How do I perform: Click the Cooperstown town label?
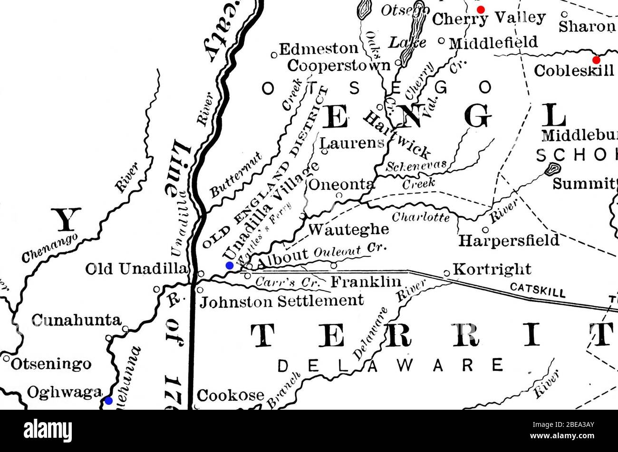point(338,65)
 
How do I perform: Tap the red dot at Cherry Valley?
point(481,9)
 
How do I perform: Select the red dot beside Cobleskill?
point(596,60)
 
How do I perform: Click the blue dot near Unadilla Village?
point(230,265)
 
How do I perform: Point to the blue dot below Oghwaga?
point(109,401)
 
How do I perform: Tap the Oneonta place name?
point(342,184)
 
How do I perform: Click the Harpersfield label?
point(509,240)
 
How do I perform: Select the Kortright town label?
point(492,269)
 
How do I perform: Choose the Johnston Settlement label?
point(281,301)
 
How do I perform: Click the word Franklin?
point(366,282)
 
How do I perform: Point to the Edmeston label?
point(319,49)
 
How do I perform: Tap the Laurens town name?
point(352,142)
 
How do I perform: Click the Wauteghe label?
point(349,229)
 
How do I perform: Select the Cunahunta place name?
point(76,320)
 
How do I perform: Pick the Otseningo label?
point(51,364)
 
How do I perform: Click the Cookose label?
point(231,395)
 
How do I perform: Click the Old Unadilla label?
point(136,269)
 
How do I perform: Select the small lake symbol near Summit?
point(553,168)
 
